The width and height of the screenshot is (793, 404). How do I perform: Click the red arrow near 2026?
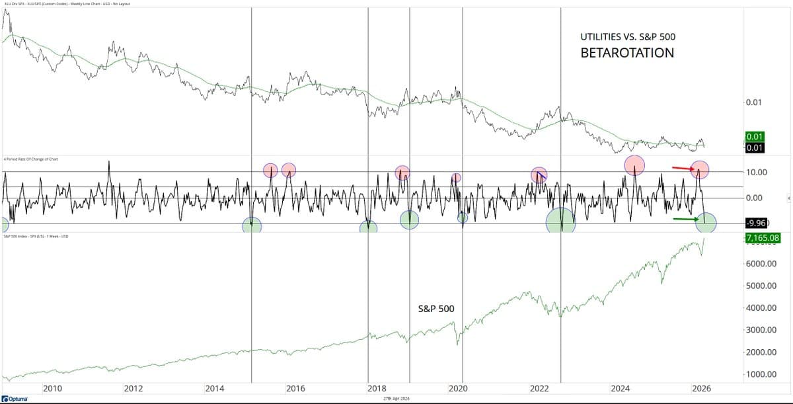(683, 168)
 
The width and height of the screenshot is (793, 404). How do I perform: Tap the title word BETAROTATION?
(627, 53)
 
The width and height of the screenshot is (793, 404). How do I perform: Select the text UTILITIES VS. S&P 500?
(628, 37)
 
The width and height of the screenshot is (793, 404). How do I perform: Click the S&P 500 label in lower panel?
(436, 308)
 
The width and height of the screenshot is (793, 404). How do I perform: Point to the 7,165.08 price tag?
(763, 237)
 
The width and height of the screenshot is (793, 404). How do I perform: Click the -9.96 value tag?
(755, 223)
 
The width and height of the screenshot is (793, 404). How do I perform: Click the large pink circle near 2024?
(634, 165)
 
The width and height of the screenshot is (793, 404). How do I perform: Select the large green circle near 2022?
(561, 221)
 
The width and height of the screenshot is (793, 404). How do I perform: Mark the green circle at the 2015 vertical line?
(252, 225)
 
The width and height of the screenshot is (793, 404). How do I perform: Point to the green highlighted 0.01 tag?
(754, 137)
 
